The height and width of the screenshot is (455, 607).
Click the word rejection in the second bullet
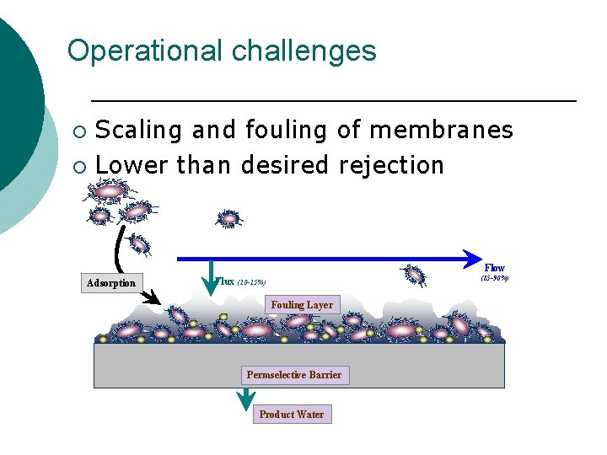(x=391, y=165)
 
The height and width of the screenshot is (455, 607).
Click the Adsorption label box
(x=110, y=283)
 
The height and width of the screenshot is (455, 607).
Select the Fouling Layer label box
(x=301, y=305)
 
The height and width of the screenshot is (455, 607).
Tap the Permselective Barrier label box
(x=293, y=375)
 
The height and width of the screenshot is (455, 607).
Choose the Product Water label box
(x=291, y=415)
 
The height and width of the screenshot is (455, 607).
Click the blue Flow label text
(x=494, y=268)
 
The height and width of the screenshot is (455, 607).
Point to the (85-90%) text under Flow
(x=494, y=279)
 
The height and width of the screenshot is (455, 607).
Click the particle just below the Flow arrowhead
(x=415, y=275)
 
